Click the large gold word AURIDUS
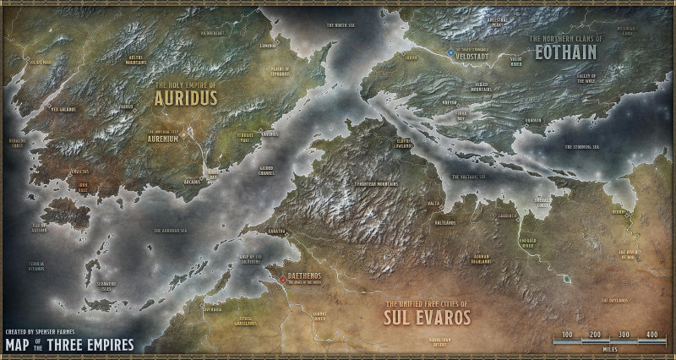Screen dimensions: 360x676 point(186,97)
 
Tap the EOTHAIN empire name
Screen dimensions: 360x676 point(564,52)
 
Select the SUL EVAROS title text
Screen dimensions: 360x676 point(428,319)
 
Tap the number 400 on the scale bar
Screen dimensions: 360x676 point(651,335)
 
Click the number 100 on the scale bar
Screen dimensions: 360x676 point(567,335)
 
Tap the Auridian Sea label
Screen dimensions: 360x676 point(171,230)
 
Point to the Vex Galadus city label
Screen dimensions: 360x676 point(63,108)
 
